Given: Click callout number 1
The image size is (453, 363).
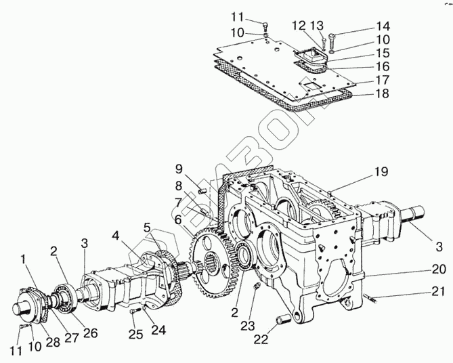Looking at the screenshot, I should (x=24, y=258).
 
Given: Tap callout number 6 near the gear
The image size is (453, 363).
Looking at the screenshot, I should (x=177, y=219).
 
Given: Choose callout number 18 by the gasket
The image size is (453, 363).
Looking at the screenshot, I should (x=383, y=94).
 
